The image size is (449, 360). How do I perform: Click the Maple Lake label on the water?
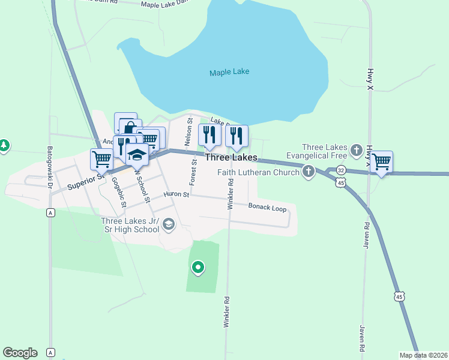coord(229,73)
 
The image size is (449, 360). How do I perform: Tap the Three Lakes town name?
coord(231,158)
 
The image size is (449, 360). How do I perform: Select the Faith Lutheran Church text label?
coord(258,173)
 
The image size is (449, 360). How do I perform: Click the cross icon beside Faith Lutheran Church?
coord(309,172)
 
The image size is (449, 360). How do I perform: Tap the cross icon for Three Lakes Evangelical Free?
coord(357,149)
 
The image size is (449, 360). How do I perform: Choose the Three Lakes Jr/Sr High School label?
coord(130,224)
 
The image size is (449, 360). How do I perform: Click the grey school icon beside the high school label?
coord(169,224)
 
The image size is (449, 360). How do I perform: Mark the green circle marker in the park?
coord(197,268)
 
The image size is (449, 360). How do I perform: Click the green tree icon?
coord(4,145)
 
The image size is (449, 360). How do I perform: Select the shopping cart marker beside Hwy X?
coord(381,161)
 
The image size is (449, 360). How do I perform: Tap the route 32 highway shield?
coord(341,170)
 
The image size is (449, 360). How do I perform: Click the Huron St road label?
coord(177,194)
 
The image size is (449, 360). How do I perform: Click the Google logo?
coord(20,353)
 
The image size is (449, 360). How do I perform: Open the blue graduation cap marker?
coord(137,155)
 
